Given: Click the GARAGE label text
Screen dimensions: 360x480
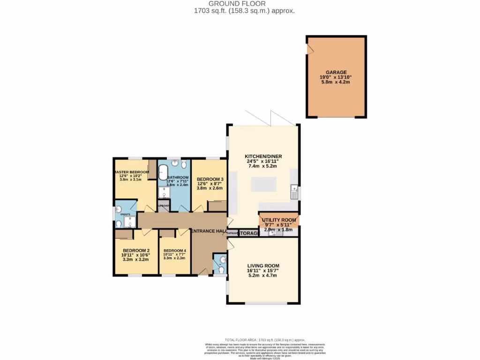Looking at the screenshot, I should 336,72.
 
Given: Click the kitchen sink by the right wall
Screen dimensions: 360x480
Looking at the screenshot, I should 294,190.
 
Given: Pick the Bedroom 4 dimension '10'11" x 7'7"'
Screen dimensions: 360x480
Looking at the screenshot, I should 174,254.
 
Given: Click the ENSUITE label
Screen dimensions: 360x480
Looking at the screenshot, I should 126,214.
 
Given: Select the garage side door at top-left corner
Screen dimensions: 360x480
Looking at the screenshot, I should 309,49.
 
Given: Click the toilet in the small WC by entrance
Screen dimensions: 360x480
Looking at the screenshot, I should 221,270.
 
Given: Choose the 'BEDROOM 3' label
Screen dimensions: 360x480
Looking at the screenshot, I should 210,180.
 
